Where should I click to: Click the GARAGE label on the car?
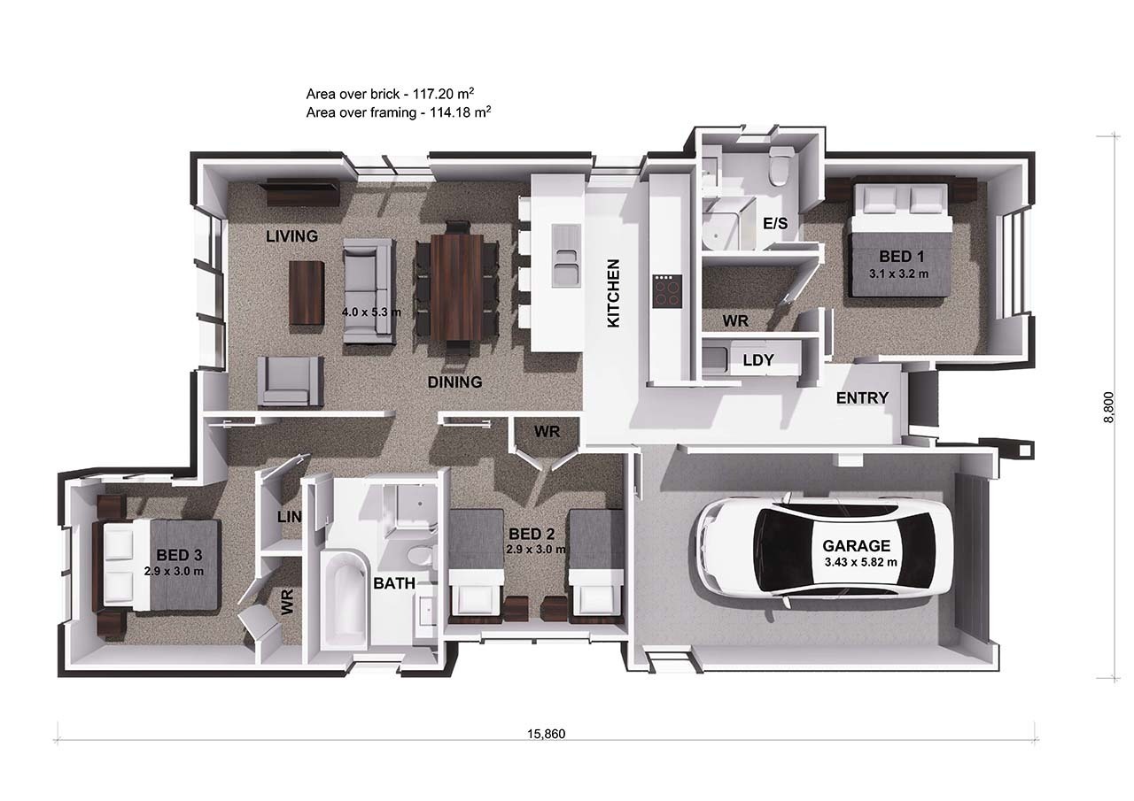856,545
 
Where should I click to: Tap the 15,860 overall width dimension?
547,733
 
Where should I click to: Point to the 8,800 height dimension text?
1107,408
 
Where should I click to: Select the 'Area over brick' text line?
397,93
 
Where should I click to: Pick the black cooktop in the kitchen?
667,290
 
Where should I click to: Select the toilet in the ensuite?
779,167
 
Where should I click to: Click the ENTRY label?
861,398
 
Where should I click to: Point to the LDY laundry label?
757,360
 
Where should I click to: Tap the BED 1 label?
901,257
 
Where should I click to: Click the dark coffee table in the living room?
307,293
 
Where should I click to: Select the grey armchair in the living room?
290,381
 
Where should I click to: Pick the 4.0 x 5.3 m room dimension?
371,312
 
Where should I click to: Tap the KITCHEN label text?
613,293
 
